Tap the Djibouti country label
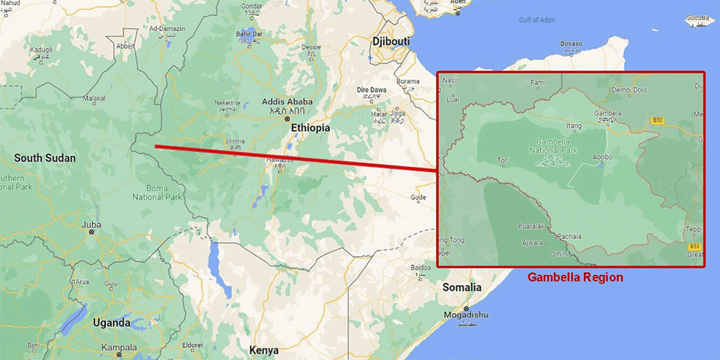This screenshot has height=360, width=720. tap(390, 42)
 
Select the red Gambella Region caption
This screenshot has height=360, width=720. tap(575, 276)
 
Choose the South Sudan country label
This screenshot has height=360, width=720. tap(45, 158)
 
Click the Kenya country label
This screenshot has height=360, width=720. tap(264, 350)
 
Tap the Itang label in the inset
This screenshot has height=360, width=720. tap(574, 125)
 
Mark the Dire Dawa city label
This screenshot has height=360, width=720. tap(372, 90)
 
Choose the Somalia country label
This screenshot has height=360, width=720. tap(462, 287)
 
